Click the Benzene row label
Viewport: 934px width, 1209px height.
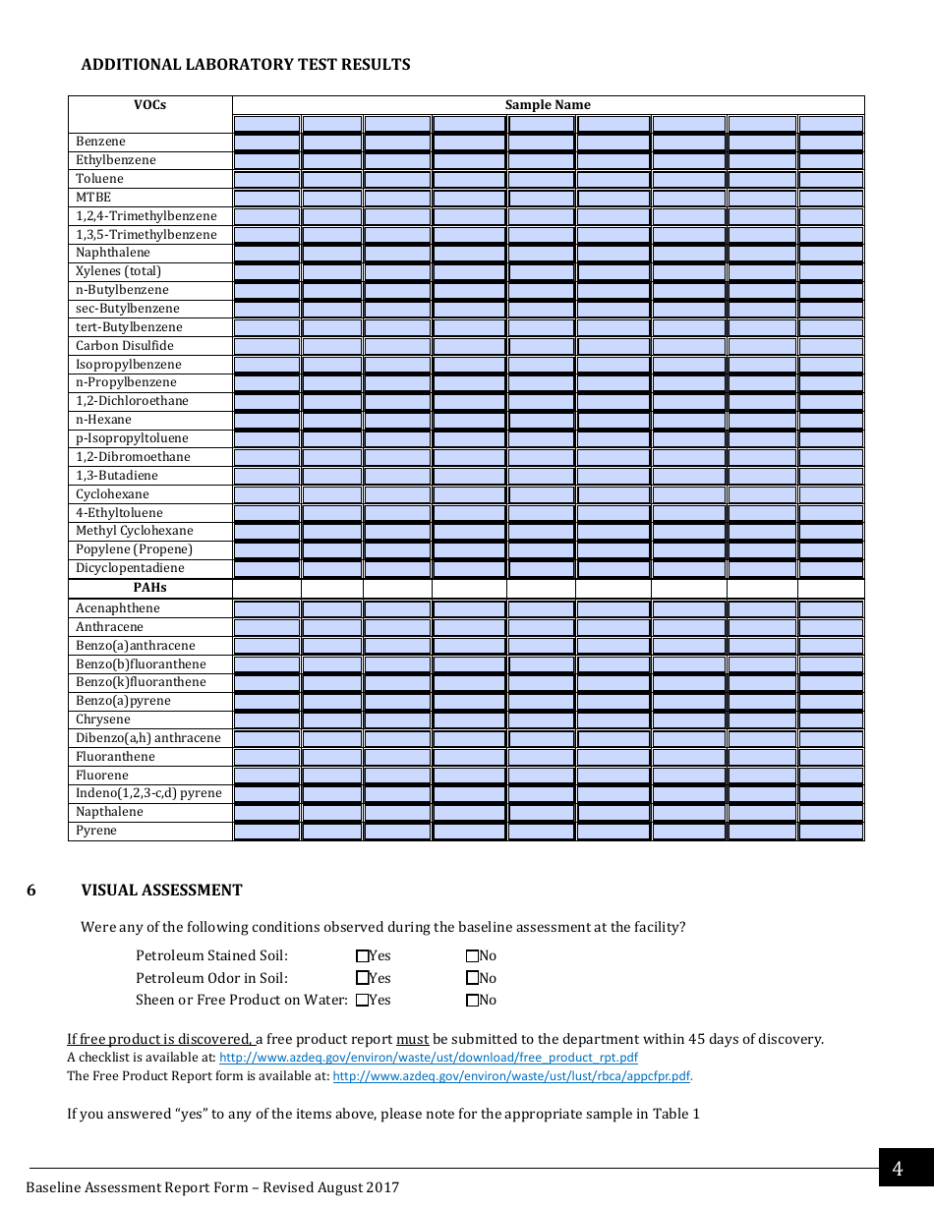(x=100, y=142)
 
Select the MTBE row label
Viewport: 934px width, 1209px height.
(x=93, y=198)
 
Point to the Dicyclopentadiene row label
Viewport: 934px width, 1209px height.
(x=130, y=568)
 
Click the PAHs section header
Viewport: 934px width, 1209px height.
(x=150, y=588)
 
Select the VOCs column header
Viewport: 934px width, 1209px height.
(x=150, y=105)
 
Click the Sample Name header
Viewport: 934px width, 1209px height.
(x=548, y=105)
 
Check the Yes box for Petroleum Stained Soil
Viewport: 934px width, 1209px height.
(x=362, y=955)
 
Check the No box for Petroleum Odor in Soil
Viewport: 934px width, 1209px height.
(x=472, y=978)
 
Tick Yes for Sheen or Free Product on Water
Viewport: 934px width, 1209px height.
(x=362, y=1001)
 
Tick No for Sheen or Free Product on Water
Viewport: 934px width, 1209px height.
(x=472, y=1001)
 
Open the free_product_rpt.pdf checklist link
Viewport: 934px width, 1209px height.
(x=428, y=1058)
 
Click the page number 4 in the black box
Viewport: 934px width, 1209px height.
(x=897, y=1169)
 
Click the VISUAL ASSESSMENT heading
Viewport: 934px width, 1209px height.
(x=161, y=891)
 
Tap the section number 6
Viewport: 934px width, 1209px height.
(x=31, y=891)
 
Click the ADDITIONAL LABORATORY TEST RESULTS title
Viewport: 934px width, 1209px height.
(x=246, y=65)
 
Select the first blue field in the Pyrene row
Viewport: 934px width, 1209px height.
(x=266, y=832)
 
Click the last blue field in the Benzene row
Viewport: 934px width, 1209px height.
(x=831, y=143)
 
